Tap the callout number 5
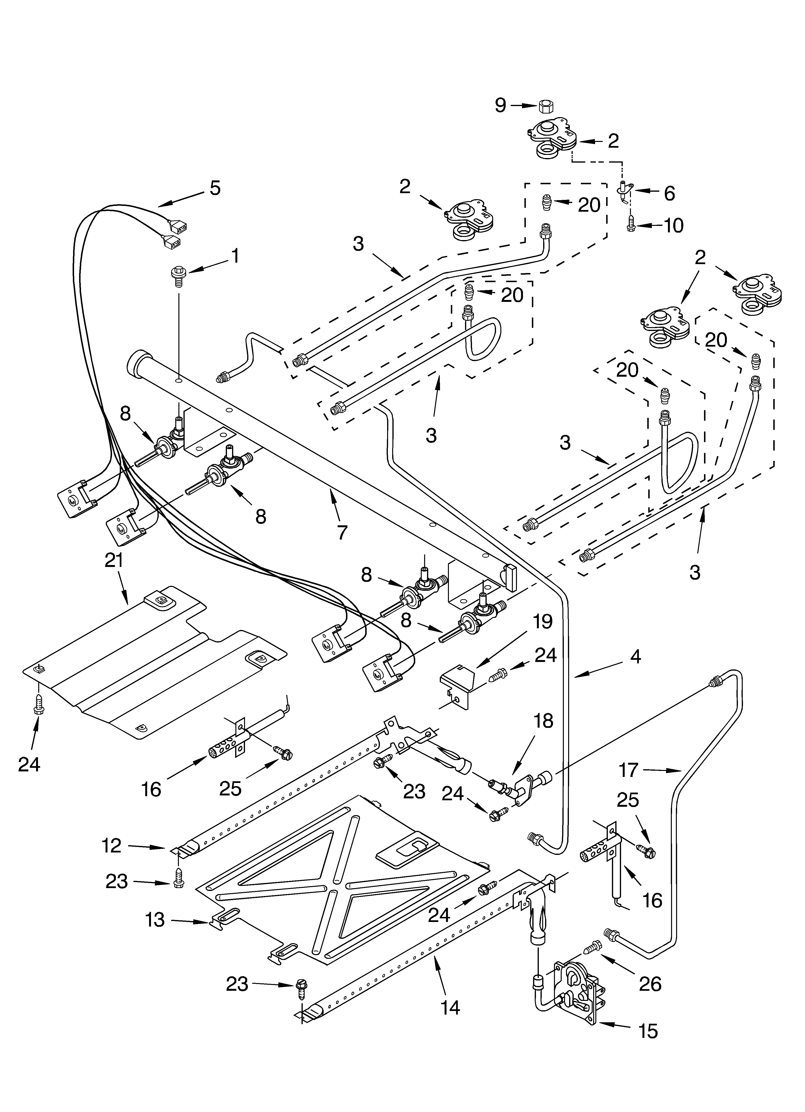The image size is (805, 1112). [x=215, y=188]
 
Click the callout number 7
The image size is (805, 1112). [x=342, y=532]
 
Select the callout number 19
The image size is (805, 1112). [x=542, y=622]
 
